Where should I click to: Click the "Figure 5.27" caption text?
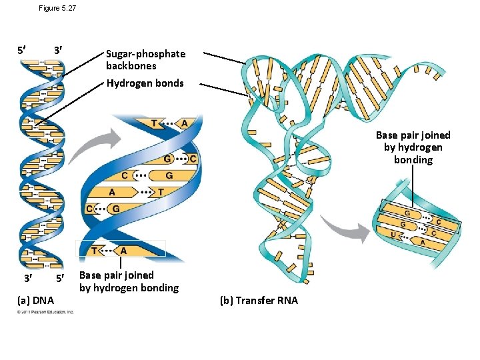58,8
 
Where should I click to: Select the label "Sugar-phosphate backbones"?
145,60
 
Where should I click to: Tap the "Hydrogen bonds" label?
145,83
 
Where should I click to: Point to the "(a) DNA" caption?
36,301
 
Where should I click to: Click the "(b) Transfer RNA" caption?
259,301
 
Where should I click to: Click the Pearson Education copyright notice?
46,312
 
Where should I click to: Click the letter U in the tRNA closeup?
393,234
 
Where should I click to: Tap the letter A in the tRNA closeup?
423,242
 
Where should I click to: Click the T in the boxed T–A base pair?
95,251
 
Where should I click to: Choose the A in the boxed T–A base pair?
123,251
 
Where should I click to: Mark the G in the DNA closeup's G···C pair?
167,159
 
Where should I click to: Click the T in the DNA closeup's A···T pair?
160,192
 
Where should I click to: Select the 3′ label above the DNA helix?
59,51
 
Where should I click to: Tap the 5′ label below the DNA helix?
59,277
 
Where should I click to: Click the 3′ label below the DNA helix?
25,277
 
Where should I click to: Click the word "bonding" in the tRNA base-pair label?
413,160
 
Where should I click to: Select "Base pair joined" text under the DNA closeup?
116,275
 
